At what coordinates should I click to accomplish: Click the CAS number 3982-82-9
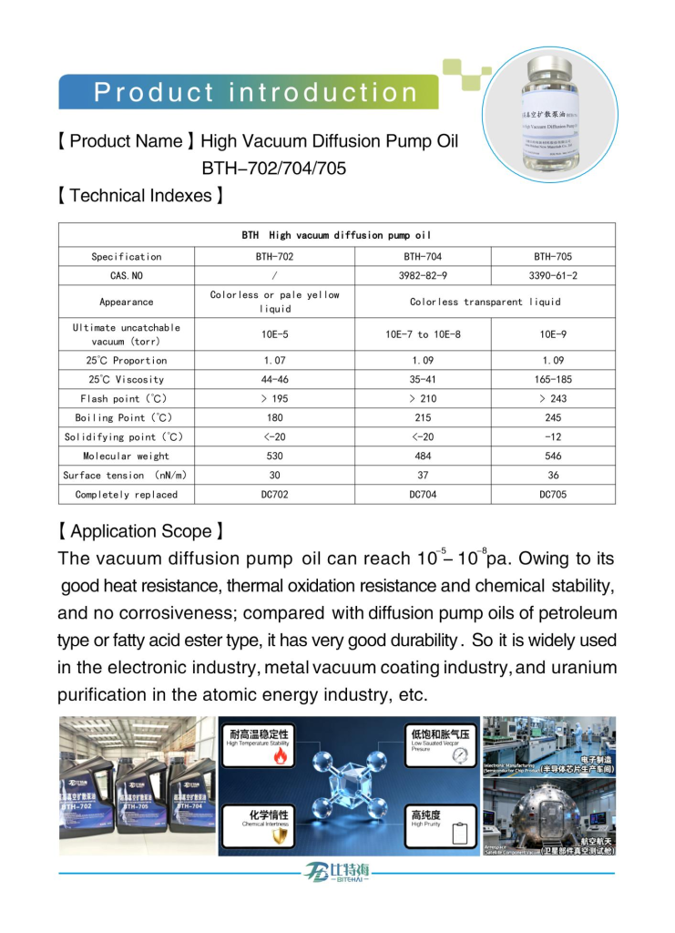click(x=423, y=275)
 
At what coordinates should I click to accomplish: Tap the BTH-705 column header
click(x=553, y=257)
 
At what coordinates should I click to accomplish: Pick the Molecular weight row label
click(x=126, y=456)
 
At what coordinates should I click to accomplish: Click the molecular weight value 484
click(x=423, y=456)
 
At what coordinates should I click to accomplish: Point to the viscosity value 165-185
click(x=553, y=379)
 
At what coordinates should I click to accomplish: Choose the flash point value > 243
click(x=553, y=398)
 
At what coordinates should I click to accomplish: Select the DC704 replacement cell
click(x=423, y=495)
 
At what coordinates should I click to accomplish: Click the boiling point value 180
click(x=274, y=417)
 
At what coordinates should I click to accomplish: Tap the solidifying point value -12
click(x=553, y=436)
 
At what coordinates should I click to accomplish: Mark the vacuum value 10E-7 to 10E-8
click(x=423, y=334)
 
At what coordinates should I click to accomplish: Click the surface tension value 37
click(x=423, y=475)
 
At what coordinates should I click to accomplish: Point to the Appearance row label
click(x=126, y=302)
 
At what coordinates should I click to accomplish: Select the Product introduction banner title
click(x=256, y=93)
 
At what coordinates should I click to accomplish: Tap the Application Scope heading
click(x=141, y=531)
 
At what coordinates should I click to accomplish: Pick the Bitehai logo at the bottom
click(x=337, y=872)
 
